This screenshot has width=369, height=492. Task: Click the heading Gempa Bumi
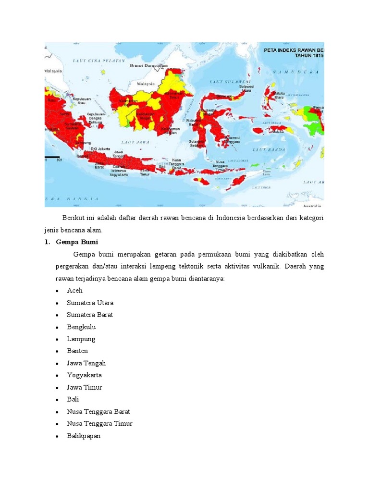77,242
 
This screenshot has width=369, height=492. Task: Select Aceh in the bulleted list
75,291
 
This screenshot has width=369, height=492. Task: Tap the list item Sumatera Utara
90,303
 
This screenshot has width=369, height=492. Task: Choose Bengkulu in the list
82,327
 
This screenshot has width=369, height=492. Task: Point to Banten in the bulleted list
78,351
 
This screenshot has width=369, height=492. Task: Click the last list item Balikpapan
84,436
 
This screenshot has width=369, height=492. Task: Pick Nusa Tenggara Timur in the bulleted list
100,424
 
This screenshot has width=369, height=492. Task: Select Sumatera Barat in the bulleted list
90,315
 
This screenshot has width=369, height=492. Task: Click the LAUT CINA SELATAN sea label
98,61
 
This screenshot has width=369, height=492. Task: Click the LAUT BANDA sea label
266,150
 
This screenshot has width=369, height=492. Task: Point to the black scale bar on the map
51,157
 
